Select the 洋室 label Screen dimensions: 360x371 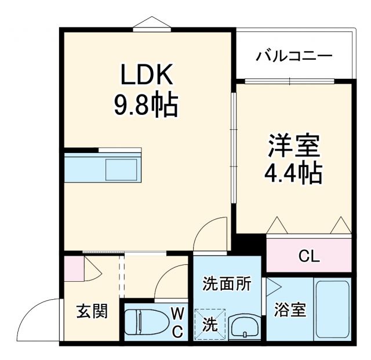294,146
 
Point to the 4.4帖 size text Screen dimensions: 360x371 294,172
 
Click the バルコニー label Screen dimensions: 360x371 294,57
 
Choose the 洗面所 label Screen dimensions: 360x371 227,284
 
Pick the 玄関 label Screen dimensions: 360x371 92,311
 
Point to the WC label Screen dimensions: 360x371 177,322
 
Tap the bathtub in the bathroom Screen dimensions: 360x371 332,310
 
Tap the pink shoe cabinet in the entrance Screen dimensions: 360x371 72,267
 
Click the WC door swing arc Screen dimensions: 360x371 173,280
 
